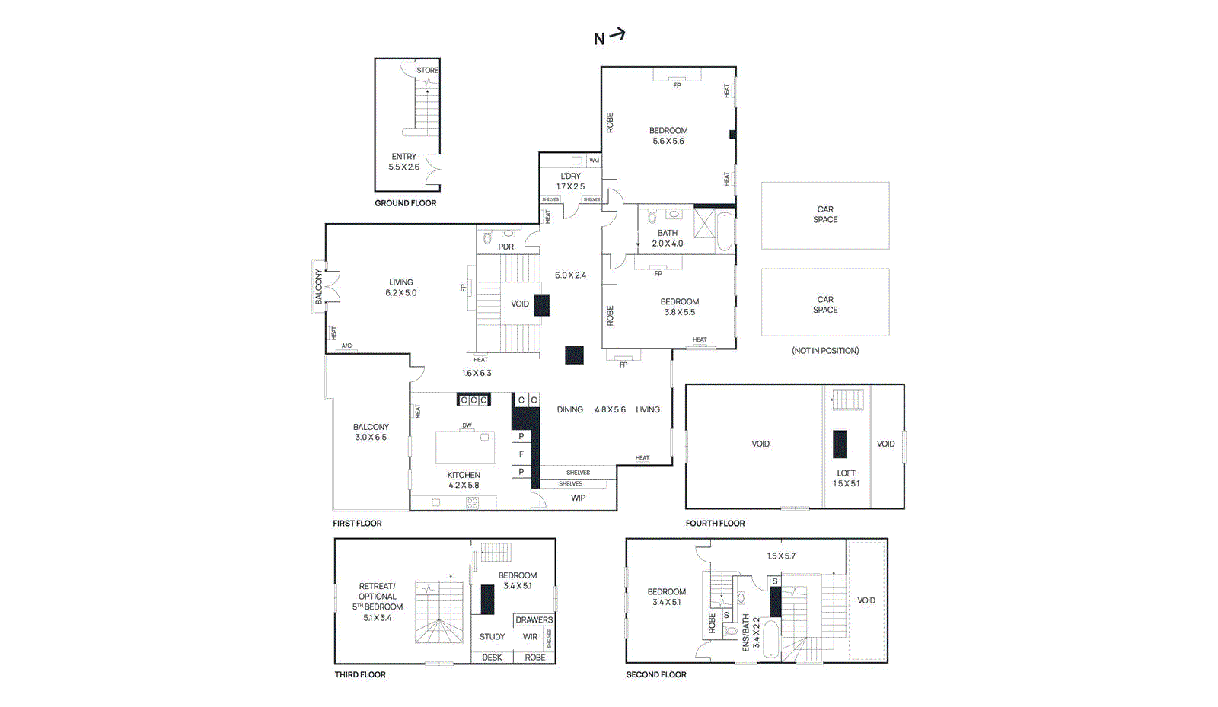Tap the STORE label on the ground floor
(427, 70)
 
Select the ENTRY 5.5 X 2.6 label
(403, 161)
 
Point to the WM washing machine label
(594, 161)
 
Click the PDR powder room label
(505, 247)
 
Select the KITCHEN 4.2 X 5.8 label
(464, 479)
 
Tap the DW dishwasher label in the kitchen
(467, 425)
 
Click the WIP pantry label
(578, 498)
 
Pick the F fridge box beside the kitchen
(521, 454)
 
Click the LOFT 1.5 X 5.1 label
(846, 478)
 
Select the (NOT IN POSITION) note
(825, 351)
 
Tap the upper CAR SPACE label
(825, 214)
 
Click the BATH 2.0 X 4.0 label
(667, 238)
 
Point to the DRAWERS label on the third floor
(534, 619)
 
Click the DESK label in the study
(492, 658)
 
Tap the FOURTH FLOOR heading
(715, 523)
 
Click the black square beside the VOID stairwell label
(541, 304)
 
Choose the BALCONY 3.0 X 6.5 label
(371, 432)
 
